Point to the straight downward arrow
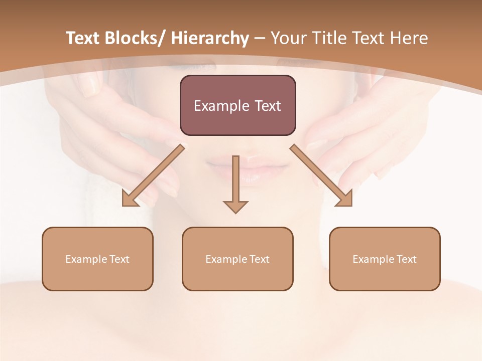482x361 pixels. coord(235,180)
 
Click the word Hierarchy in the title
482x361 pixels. coord(210,39)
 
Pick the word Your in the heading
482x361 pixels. coord(288,39)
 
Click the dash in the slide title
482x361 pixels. coord(260,39)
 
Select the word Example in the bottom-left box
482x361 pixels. coord(85,259)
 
